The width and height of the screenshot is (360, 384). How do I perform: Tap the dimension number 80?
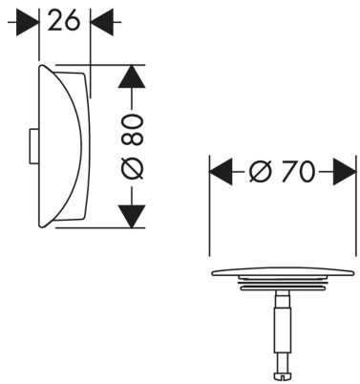coord(133,130)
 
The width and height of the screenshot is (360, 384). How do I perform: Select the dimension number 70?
coord(298,172)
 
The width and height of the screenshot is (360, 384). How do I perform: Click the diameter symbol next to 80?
coord(133,169)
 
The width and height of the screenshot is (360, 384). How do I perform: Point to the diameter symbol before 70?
coord(261,172)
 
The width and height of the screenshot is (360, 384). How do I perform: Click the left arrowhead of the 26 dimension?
coord(28,22)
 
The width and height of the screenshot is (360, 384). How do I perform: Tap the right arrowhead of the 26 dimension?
coord(102,22)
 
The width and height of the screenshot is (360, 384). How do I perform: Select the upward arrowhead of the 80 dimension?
coord(132,76)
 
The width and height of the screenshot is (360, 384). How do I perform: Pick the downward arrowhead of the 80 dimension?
coord(132,217)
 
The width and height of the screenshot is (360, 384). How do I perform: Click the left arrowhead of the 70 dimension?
coord(221,172)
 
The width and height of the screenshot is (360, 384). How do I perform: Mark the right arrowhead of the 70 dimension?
coord(344,172)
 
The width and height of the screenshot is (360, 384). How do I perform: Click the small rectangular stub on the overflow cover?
coord(33,146)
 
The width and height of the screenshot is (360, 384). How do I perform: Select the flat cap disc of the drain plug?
coord(283,271)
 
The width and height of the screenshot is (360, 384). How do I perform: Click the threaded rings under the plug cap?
coord(283,284)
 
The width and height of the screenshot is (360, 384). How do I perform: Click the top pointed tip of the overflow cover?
coord(42,66)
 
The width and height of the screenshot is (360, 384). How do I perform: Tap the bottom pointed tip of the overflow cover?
coord(42,226)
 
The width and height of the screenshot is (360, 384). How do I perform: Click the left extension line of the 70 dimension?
coord(209,205)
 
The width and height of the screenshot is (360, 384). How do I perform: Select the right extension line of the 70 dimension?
coord(355,205)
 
